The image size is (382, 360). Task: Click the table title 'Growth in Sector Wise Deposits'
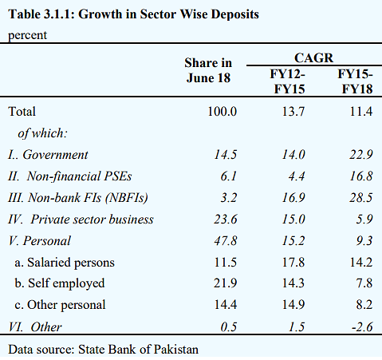point(168,14)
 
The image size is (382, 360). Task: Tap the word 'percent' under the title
point(27,36)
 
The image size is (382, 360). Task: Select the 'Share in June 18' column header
point(208,70)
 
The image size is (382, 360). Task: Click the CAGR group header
point(313,57)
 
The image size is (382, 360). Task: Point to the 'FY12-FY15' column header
point(289,81)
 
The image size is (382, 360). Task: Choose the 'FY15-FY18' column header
point(356,81)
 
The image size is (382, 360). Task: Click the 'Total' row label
point(22,112)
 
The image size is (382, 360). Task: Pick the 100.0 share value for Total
point(223,112)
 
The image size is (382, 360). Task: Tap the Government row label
point(48,155)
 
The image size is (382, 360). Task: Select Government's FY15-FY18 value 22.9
point(361,155)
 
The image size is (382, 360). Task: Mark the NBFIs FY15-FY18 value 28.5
point(361,198)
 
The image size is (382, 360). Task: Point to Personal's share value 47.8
point(226,241)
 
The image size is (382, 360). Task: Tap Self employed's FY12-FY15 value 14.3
point(293,283)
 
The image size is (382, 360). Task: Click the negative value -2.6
point(362,327)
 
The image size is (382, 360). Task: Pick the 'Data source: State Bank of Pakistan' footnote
point(104,350)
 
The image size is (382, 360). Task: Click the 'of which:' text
point(42,133)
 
